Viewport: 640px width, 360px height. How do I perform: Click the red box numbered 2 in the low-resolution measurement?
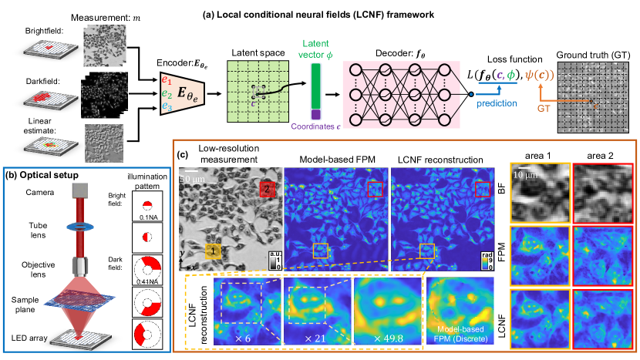pyautogui.click(x=264, y=187)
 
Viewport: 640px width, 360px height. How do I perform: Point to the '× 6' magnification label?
pyautogui.click(x=244, y=339)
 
